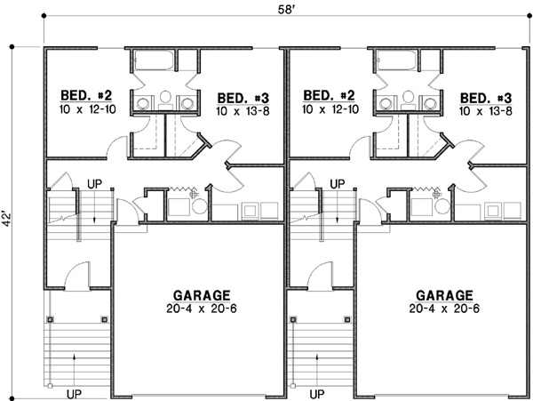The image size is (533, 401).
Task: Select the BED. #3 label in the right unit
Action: pyautogui.click(x=483, y=98)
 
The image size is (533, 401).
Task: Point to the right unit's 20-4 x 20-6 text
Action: pyautogui.click(x=444, y=309)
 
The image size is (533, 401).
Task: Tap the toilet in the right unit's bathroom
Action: pyautogui.click(x=409, y=98)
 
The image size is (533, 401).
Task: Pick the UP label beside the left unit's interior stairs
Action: pyautogui.click(x=95, y=184)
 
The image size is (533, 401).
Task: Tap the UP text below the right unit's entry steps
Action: pyautogui.click(x=317, y=391)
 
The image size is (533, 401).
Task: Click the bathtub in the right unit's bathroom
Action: pyautogui.click(x=398, y=62)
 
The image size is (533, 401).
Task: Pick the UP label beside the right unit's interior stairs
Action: pyautogui.click(x=338, y=184)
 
